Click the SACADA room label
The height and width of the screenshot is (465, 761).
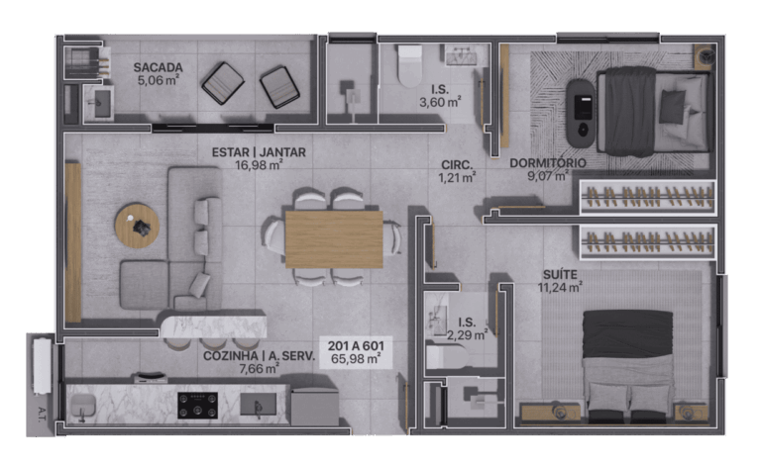(x=159, y=68)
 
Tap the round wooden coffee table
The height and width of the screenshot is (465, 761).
(x=138, y=226)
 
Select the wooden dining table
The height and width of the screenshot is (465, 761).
(x=334, y=239)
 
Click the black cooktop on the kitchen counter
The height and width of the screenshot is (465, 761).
(x=197, y=405)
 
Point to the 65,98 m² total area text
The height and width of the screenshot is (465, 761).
(x=356, y=359)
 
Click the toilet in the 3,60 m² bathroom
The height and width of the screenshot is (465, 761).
(x=409, y=66)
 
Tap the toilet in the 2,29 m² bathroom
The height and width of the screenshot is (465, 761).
(x=447, y=357)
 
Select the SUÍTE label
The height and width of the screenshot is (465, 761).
(x=560, y=275)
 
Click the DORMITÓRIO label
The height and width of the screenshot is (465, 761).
(x=548, y=163)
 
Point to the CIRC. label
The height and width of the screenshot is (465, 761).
(x=457, y=165)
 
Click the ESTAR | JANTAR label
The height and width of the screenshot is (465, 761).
(x=259, y=152)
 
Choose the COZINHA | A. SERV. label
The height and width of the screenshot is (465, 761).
(x=259, y=356)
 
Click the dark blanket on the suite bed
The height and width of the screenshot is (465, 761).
(x=627, y=334)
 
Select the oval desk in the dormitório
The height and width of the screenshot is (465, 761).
(x=581, y=114)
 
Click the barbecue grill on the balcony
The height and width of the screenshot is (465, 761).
(x=82, y=62)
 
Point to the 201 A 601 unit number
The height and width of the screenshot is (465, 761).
(x=356, y=346)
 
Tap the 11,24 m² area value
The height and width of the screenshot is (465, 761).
(x=560, y=288)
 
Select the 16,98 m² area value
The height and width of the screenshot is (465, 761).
(x=259, y=165)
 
